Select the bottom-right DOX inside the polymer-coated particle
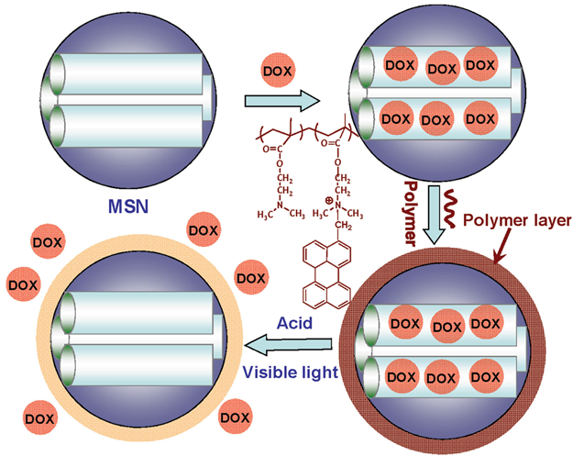point(487,375)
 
